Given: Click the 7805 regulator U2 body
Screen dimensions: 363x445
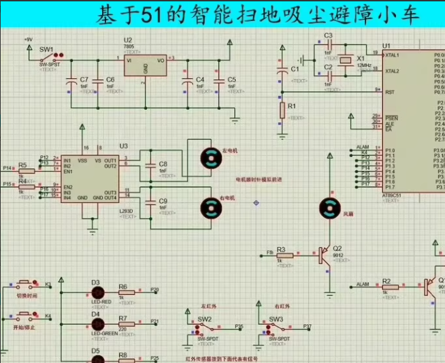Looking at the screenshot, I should pyautogui.click(x=146, y=66).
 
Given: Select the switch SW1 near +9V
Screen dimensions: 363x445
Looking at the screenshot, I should pyautogui.click(x=48, y=57).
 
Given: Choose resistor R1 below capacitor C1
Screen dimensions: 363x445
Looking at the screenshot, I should pyautogui.click(x=282, y=110).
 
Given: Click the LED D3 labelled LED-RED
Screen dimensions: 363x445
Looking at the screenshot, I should pyautogui.click(x=96, y=294).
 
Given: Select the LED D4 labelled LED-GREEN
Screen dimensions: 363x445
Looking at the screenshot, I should pyautogui.click(x=96, y=325).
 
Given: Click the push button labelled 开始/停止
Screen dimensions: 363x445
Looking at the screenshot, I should pyautogui.click(x=24, y=317).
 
